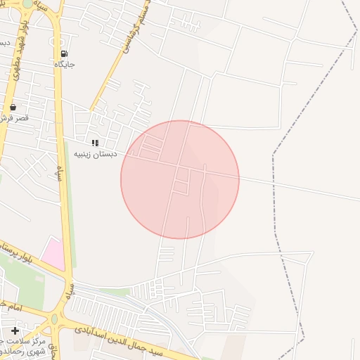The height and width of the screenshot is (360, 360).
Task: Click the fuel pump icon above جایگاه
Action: (x=65, y=53)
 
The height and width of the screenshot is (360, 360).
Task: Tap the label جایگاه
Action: (x=65, y=64)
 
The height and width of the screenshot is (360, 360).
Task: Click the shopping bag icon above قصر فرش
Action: (x=13, y=107)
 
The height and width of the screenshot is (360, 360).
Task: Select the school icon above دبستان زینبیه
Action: (x=95, y=143)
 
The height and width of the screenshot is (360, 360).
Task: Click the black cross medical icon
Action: (x=15, y=330)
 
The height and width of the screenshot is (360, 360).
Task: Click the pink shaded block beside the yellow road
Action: (x=53, y=252)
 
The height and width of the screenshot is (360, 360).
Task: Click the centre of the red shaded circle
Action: (x=180, y=179)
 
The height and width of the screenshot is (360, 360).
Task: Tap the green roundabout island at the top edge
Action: (x=28, y=3)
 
